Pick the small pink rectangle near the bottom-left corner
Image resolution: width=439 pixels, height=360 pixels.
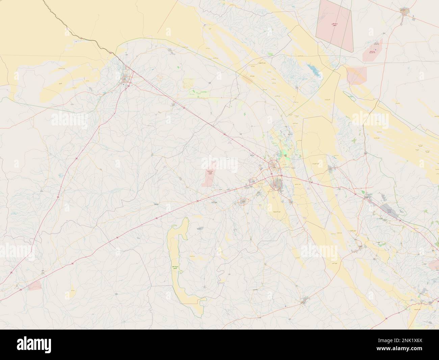(x=35, y=286)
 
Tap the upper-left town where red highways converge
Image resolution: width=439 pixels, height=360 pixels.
(x=126, y=80)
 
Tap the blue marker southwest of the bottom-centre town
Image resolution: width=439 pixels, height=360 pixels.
(x=286, y=307)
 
